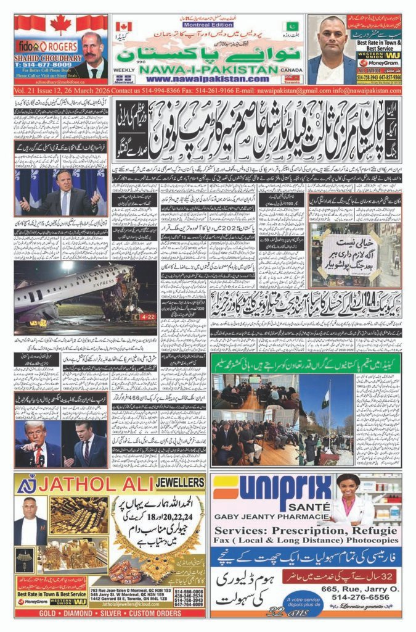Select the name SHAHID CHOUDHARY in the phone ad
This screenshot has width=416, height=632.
click(x=47, y=57)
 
